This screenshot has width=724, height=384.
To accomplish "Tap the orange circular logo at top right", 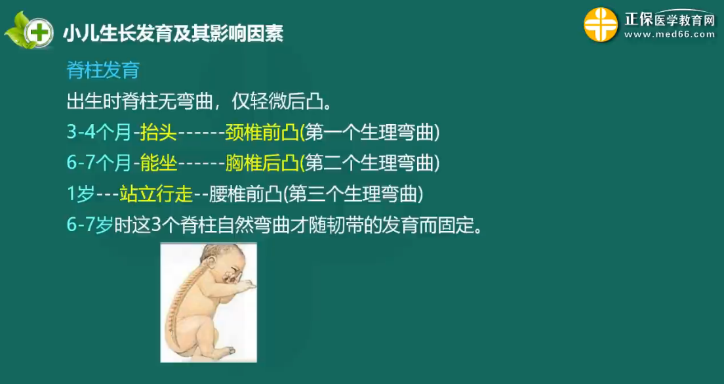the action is tap(601, 25).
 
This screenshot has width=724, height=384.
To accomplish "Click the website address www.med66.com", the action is tap(670, 35).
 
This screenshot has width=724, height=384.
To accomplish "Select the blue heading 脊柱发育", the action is tap(103, 71).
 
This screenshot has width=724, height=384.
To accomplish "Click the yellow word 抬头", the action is tap(159, 133).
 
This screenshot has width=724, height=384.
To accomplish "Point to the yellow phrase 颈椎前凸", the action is tap(262, 133).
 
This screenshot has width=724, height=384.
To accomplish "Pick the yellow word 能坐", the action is tap(159, 163).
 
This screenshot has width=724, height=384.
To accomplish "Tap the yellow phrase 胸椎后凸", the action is tap(262, 163).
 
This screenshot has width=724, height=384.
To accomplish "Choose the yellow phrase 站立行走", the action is tap(155, 194).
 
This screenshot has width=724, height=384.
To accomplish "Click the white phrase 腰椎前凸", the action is tap(245, 194).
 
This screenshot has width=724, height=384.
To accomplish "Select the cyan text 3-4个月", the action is tap(99, 133).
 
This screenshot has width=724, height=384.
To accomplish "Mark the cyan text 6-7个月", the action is tap(99, 163).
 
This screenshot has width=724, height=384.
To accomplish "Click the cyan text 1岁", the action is tap(81, 194).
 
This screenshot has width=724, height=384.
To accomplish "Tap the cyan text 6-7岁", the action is tap(90, 225).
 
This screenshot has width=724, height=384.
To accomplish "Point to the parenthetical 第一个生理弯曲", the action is tap(370, 133).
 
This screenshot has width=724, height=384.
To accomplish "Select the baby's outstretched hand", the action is tap(244, 286).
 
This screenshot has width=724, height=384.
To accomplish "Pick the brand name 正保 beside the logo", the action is tap(639, 20).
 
